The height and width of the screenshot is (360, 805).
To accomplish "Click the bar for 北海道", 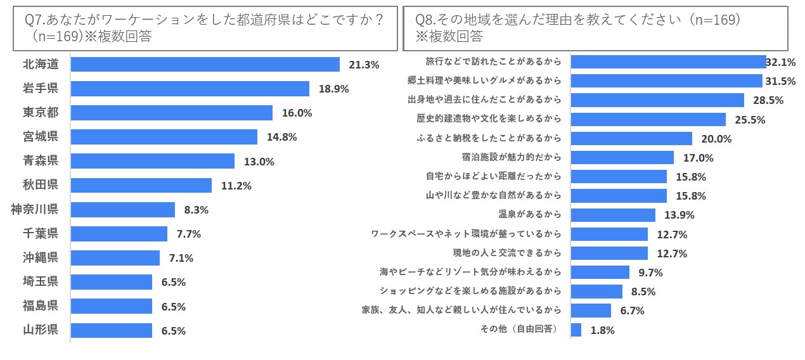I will coord(205,65).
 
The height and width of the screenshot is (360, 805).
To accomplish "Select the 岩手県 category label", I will coord(41,89).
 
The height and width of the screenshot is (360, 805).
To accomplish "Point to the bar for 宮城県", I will coord(164,137).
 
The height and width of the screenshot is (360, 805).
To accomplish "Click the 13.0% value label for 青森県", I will coord(259,162).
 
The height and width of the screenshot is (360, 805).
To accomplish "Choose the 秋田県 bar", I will coord(141,185).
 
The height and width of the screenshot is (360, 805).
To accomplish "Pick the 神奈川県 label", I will coord(35,209).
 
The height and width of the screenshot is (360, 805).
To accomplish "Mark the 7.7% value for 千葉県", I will coord(188,234).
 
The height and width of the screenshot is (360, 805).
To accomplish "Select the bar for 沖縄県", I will coord(115,258).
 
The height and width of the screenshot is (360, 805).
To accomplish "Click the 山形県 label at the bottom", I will coord(41,330).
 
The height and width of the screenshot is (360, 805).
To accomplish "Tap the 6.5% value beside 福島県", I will coord(173,307).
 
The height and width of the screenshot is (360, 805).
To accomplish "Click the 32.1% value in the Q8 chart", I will coord(781,62).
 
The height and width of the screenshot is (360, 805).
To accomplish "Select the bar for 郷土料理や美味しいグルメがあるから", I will coord(666,81).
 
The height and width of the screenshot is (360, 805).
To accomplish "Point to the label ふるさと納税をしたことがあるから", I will coord(489,138).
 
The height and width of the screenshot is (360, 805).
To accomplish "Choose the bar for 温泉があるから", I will coord(613,215).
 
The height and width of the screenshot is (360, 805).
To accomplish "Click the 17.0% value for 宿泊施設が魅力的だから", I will coord(698,158).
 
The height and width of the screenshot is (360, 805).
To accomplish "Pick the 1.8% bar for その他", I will coord(576,330).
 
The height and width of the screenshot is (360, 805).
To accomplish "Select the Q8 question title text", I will coord(577,28).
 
